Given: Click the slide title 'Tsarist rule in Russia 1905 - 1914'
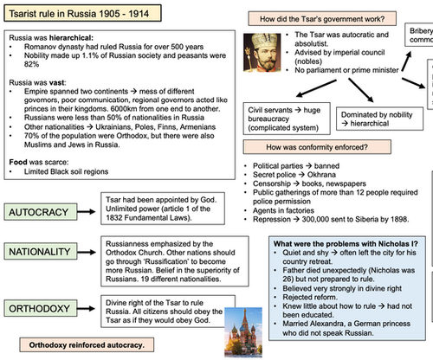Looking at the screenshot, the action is pos(82,15).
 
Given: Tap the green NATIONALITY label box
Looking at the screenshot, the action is pos(48,274).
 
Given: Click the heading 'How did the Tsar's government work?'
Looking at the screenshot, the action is pos(315,18).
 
